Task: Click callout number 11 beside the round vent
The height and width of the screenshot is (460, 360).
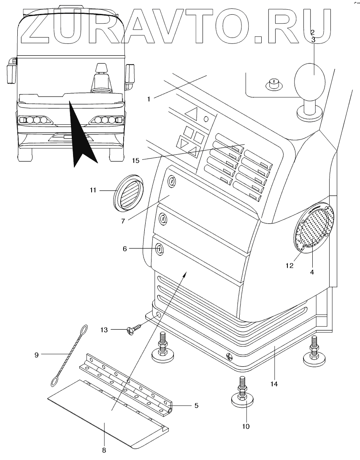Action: (x=93, y=191)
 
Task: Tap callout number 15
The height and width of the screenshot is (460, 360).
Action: (x=135, y=161)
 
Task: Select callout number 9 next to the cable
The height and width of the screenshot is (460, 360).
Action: (x=36, y=355)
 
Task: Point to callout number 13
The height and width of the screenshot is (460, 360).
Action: (x=104, y=330)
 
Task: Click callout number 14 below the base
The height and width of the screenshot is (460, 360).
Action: (x=274, y=383)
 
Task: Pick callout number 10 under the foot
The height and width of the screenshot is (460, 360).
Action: (x=246, y=426)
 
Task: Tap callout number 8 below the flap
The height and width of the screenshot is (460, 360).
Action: (x=104, y=450)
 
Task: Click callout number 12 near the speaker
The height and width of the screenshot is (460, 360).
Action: (x=290, y=266)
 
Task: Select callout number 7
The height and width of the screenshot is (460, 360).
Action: (x=123, y=221)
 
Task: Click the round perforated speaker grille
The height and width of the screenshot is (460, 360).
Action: (x=314, y=227)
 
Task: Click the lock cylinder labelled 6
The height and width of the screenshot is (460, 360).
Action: (x=160, y=249)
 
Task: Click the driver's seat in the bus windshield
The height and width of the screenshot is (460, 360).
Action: (x=102, y=78)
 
